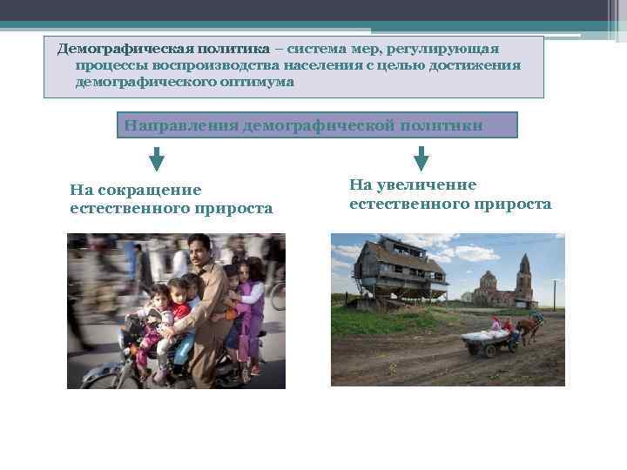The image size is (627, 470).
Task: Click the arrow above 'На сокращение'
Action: pos(157,158)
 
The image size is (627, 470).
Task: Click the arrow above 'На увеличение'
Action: pos(421,158)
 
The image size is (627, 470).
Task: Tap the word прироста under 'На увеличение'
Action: pos(512,204)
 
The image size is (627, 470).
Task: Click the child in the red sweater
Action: pos(179,300)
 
